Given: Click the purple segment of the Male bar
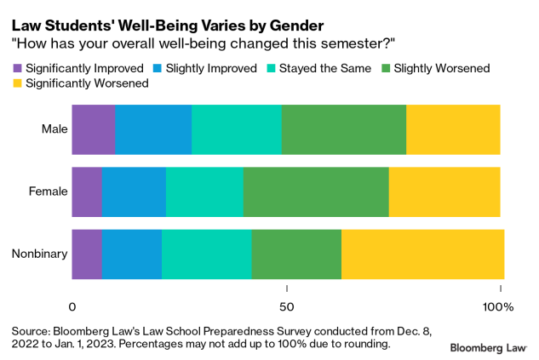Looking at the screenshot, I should tap(93, 129).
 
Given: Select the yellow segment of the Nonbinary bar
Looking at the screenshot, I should tap(422, 254).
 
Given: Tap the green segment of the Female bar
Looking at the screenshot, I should tap(316, 191).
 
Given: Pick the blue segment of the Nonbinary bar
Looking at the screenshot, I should tap(131, 254).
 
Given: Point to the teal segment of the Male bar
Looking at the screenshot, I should tap(236, 129).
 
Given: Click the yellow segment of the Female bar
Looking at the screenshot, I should tap(444, 191).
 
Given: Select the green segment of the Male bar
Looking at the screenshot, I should tap(344, 129).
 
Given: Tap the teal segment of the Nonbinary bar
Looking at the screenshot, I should tap(206, 254).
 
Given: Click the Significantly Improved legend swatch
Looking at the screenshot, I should tap(17, 67).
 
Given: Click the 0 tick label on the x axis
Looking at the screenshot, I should tap(72, 305).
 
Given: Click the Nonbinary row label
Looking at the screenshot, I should tap(40, 254).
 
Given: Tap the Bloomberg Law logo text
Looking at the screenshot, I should tap(489, 347).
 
